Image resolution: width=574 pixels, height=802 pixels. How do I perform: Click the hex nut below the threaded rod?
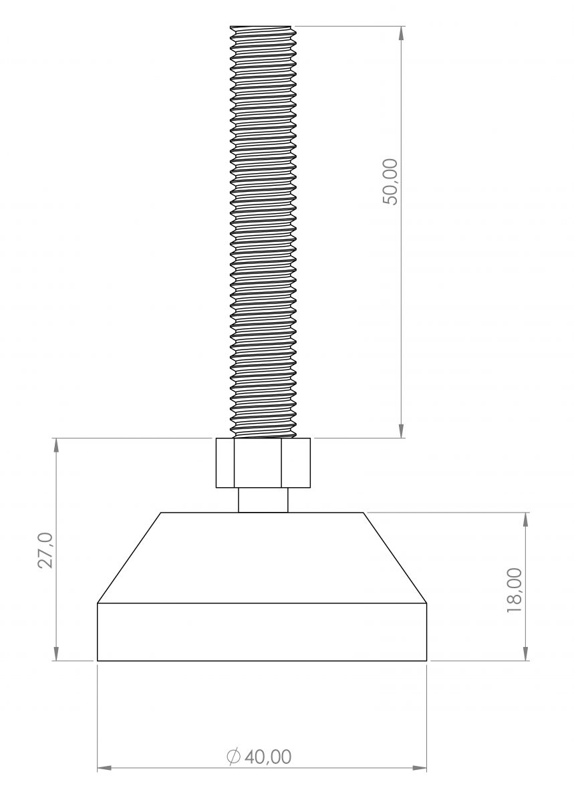pyautogui.click(x=263, y=462)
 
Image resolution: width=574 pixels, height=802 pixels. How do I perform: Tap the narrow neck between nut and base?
pyautogui.click(x=263, y=500)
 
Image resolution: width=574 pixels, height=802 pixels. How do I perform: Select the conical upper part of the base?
pyautogui.click(x=262, y=558)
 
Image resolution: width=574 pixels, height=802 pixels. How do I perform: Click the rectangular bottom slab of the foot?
pyautogui.click(x=262, y=632)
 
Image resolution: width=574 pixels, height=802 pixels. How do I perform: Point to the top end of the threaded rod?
pyautogui.click(x=263, y=27)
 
